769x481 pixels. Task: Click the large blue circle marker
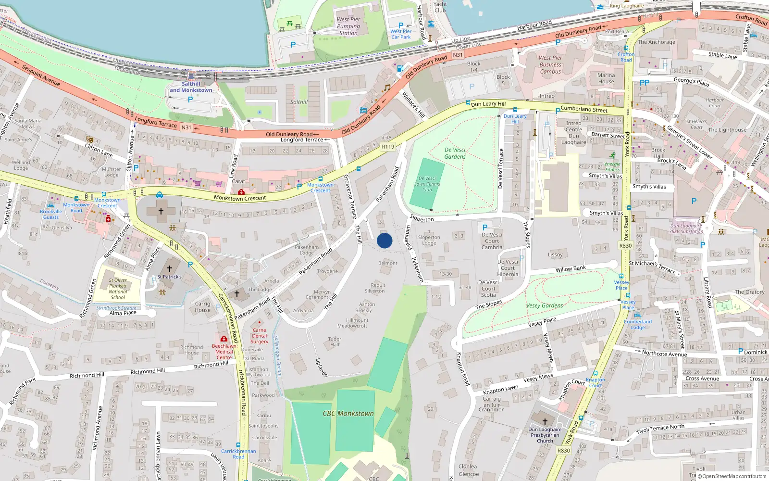(x=384, y=240)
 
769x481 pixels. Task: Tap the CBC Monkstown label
(x=348, y=414)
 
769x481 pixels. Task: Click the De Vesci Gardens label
(x=455, y=153)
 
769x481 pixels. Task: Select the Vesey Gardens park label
(x=545, y=305)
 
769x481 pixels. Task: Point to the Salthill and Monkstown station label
(x=191, y=87)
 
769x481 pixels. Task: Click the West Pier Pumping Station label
(x=348, y=26)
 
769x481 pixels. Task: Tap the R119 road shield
(x=388, y=147)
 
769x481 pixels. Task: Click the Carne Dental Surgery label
(x=260, y=336)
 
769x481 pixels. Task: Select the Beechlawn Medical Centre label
(x=224, y=352)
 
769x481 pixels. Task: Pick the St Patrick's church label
(x=170, y=277)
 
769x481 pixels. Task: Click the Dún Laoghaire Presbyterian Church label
(x=545, y=435)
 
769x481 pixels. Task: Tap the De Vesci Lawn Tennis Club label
(x=427, y=184)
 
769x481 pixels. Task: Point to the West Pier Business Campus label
(x=550, y=64)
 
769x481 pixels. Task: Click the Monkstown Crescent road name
(x=240, y=198)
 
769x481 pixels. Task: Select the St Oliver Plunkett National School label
(x=118, y=289)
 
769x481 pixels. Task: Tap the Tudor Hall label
(x=335, y=342)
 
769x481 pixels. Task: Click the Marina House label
(x=606, y=78)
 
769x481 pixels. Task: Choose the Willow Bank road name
(x=571, y=269)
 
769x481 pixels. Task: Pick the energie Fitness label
(x=612, y=166)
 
